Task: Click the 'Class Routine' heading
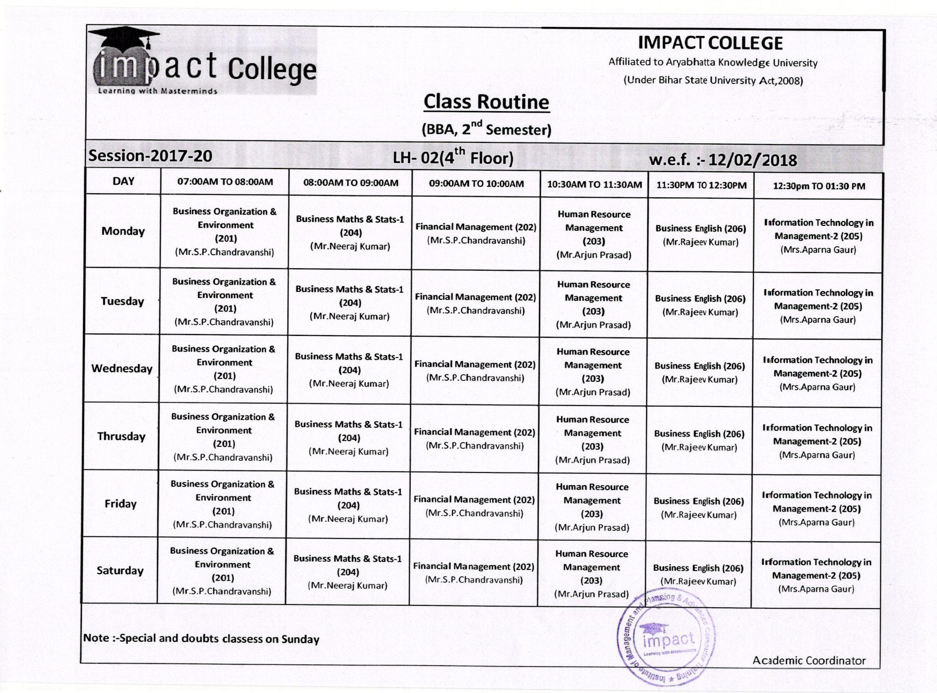pos(486,102)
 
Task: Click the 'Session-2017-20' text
pos(150,156)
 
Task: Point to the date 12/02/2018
pos(752,160)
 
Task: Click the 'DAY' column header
pos(124,181)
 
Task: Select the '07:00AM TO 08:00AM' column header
pos(225,182)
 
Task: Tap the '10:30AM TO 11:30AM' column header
pos(594,185)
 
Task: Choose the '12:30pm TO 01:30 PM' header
pos(819,186)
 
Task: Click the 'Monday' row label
pos(123,231)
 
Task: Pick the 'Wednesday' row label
pos(122,369)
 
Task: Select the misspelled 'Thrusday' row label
pos(121,436)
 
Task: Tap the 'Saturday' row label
pos(120,571)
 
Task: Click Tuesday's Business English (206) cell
pos(700,305)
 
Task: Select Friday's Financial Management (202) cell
pos(474,506)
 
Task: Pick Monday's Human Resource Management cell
pos(594,234)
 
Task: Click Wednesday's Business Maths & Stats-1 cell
pos(349,370)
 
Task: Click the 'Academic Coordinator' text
pos(809,661)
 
